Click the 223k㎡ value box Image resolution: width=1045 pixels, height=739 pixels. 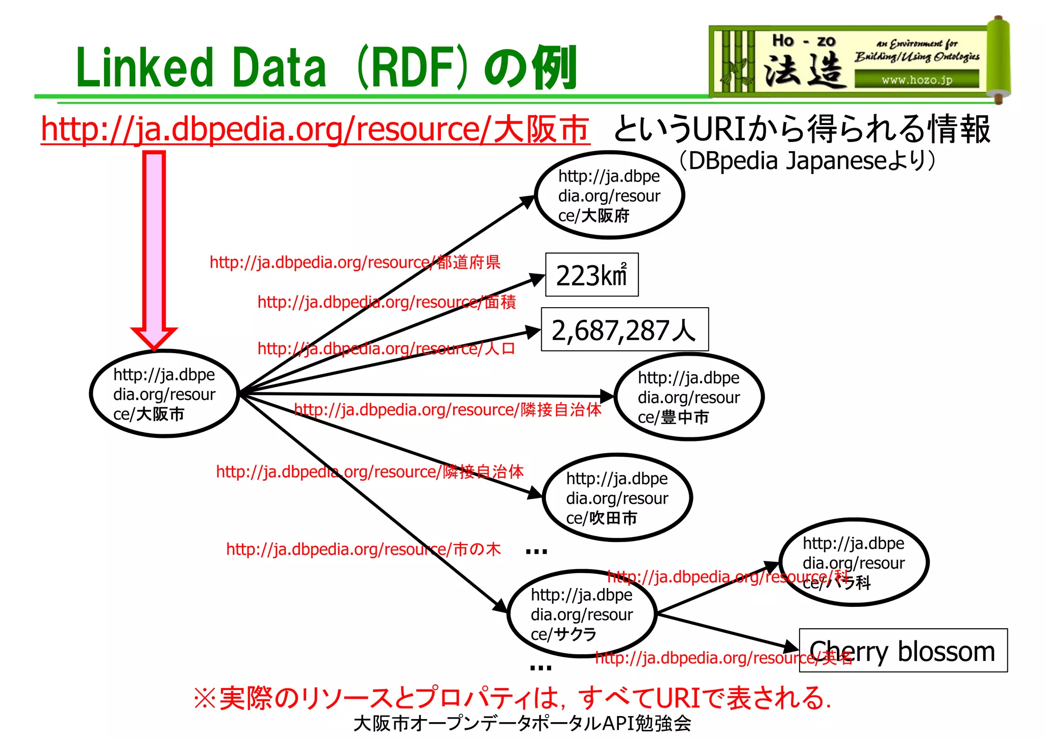pyautogui.click(x=591, y=275)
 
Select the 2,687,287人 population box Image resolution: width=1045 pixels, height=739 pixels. pyautogui.click(x=624, y=330)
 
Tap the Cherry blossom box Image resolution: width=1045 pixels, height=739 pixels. pyautogui.click(x=903, y=651)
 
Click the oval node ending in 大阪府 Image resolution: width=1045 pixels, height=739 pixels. pyautogui.click(x=609, y=195)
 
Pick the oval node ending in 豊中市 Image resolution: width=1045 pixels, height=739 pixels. pyautogui.click(x=688, y=397)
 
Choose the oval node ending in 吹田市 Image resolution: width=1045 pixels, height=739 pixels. pyautogui.click(x=617, y=498)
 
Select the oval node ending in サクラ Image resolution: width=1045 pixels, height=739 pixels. pyautogui.click(x=581, y=614)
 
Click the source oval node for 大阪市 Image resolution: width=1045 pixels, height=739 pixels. pyautogui.click(x=164, y=393)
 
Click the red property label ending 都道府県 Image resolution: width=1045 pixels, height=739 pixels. pyautogui.click(x=355, y=262)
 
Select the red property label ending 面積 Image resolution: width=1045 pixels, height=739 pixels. pyautogui.click(x=386, y=302)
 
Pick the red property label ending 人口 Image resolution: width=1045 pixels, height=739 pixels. pyautogui.click(x=386, y=349)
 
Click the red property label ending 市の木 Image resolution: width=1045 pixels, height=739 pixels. pyautogui.click(x=363, y=549)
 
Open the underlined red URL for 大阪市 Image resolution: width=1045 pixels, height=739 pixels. pyautogui.click(x=315, y=129)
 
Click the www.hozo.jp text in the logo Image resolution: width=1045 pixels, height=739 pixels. pyautogui.click(x=916, y=80)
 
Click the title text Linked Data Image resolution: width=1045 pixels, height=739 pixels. pyautogui.click(x=201, y=67)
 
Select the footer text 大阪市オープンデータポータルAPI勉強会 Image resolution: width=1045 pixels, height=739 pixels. pyautogui.click(x=522, y=723)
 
